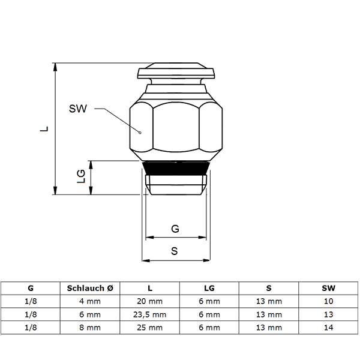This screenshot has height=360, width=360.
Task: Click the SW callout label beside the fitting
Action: pos(78,109)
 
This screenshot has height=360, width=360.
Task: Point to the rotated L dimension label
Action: pos(44,128)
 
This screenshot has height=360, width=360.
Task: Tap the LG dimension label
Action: pos(81,176)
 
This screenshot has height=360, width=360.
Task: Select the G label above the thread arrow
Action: pos(175,229)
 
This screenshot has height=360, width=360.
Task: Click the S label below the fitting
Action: pos(175,251)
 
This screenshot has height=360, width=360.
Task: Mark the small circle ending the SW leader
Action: pos(140,133)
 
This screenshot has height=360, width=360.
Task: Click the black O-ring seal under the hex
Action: pos(176,168)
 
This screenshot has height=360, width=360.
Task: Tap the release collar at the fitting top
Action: pos(176,71)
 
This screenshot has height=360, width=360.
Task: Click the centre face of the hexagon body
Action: pos(176,127)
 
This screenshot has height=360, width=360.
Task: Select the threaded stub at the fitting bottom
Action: pos(176,185)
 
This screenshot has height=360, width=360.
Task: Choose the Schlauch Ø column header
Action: pos(90,288)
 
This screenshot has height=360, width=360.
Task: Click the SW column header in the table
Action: pos(329,288)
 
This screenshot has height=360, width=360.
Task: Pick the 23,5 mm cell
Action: pos(149,314)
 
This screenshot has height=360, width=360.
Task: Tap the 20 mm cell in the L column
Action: pos(149,301)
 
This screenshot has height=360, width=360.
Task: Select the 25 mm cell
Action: pos(149,328)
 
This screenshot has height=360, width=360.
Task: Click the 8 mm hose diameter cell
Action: pos(90,328)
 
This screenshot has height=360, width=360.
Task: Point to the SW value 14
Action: pos(329,328)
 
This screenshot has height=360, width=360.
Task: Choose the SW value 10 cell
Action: pos(329,301)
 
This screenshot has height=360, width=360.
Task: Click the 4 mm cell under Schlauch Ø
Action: pos(90,301)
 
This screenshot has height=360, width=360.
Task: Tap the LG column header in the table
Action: pos(209,288)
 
